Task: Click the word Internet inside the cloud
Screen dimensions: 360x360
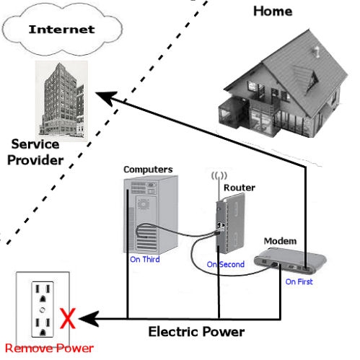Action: (61, 30)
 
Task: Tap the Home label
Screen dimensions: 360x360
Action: (273, 12)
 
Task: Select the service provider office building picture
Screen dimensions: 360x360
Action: (61, 100)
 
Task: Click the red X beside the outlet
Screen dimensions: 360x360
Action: (68, 318)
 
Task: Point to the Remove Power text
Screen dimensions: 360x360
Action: (49, 348)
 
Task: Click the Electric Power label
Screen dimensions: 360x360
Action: (196, 332)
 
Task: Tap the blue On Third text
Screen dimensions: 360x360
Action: (145, 259)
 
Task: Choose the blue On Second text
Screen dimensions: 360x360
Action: (226, 264)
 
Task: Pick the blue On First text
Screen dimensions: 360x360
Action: (299, 281)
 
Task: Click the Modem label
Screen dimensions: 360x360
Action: (280, 241)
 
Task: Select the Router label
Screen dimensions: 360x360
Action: (240, 188)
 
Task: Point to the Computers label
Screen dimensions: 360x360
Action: (148, 170)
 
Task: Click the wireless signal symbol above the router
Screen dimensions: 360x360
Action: (219, 175)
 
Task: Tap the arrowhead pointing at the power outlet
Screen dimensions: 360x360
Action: (89, 319)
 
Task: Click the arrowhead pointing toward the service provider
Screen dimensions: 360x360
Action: (106, 97)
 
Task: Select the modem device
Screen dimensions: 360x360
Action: (290, 261)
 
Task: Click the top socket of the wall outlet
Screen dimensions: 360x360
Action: (43, 294)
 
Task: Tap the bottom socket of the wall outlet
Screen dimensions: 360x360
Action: (43, 327)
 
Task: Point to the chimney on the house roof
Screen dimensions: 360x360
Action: (316, 52)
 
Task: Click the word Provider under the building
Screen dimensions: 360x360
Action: (35, 160)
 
